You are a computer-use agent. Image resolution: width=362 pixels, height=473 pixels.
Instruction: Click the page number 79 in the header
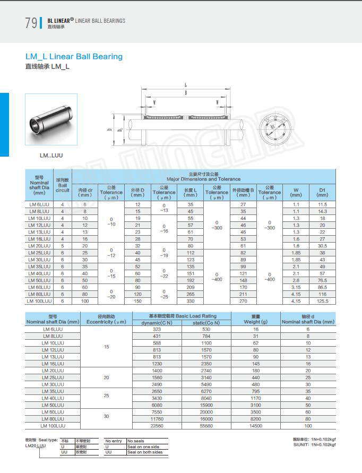pyautogui.click(x=31, y=23)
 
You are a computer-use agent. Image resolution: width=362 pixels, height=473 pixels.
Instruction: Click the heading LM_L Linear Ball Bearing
pyautogui.click(x=74, y=56)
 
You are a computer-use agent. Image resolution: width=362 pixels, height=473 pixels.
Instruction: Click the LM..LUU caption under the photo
pyautogui.click(x=51, y=156)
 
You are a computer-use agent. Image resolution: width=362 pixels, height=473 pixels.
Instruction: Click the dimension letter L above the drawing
pyautogui.click(x=185, y=85)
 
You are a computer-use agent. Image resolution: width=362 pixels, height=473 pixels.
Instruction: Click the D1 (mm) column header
pyautogui.click(x=322, y=192)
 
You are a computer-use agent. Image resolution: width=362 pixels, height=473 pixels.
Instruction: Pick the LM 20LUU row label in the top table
pyautogui.click(x=39, y=246)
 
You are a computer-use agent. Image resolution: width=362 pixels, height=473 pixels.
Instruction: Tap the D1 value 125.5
pyautogui.click(x=322, y=301)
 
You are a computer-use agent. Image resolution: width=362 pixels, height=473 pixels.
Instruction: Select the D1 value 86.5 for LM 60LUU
pyautogui.click(x=322, y=287)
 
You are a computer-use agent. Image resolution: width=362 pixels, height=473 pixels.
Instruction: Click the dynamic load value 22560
pyautogui.click(x=157, y=426)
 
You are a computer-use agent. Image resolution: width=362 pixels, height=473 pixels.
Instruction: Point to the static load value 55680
pyautogui.click(x=206, y=426)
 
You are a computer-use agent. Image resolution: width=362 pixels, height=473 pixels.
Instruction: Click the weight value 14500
pyautogui.click(x=256, y=426)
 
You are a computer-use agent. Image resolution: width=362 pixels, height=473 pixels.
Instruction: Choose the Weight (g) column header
pyautogui.click(x=256, y=319)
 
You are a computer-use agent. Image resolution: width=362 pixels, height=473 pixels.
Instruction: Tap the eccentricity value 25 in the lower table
pyautogui.click(x=107, y=395)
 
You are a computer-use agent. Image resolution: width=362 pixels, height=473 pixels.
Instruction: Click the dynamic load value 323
pyautogui.click(x=157, y=329)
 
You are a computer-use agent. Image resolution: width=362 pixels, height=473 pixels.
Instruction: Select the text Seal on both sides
pyautogui.click(x=144, y=452)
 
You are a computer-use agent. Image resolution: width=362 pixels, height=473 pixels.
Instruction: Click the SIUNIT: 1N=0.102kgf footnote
pyautogui.click(x=315, y=445)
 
